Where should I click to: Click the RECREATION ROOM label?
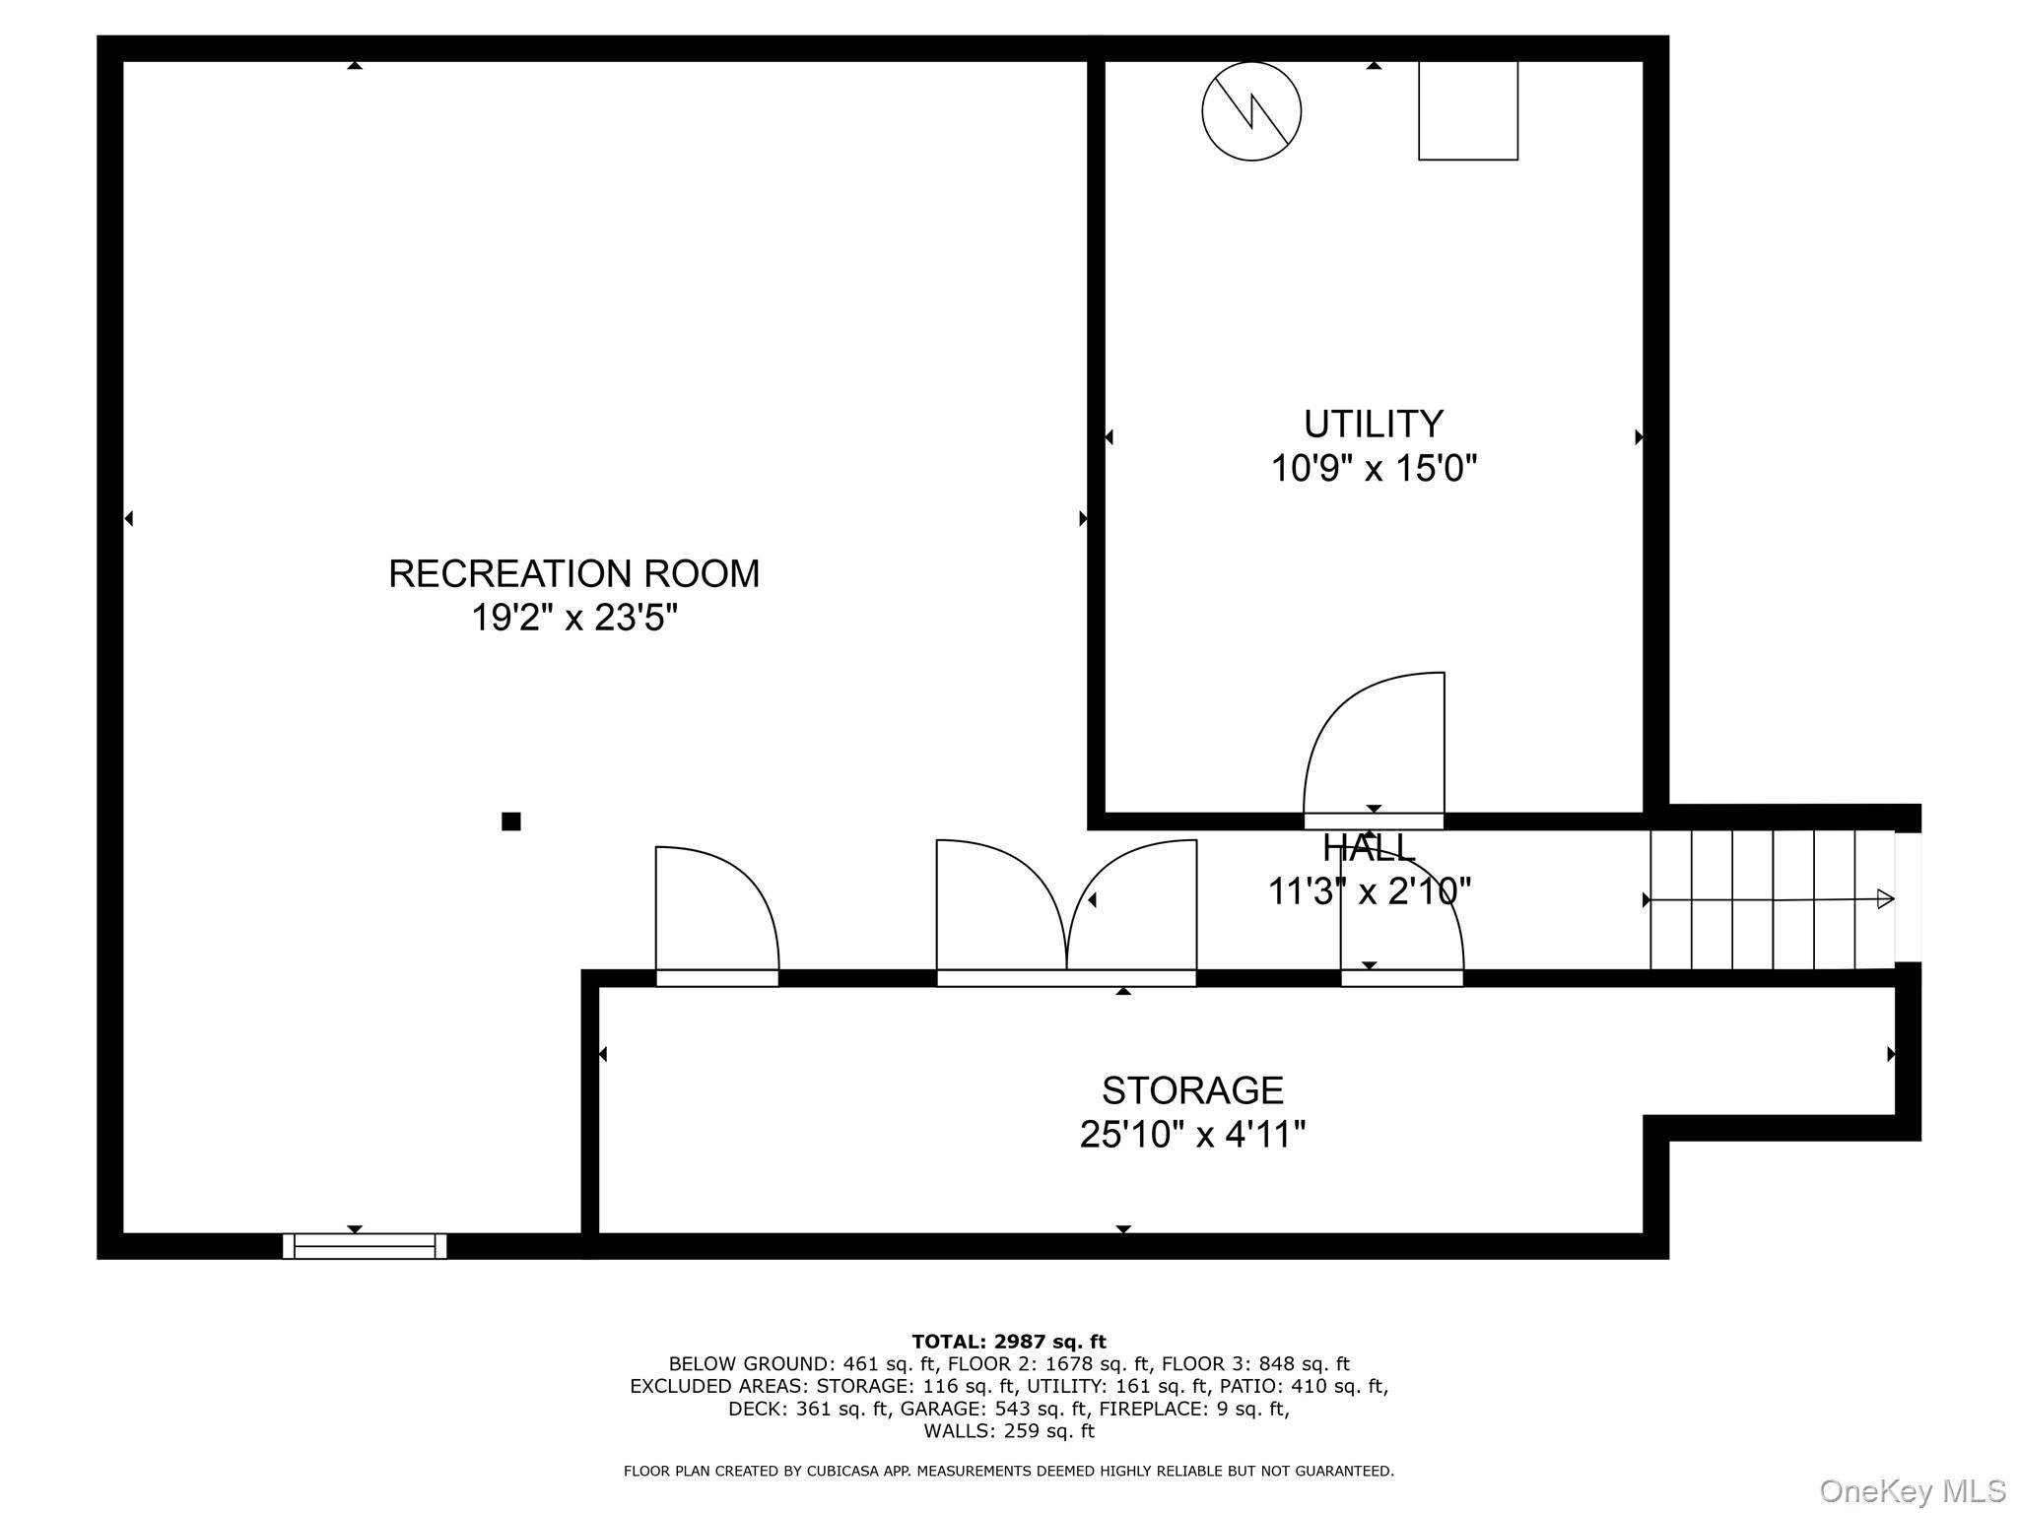pos(573,573)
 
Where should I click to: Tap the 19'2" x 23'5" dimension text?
pos(573,619)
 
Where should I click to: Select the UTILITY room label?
pos(1373,424)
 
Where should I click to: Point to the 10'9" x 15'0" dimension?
pos(1373,469)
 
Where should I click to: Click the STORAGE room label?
pos(1191,1090)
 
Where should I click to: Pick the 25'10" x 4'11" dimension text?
pos(1191,1135)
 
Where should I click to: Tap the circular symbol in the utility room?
pos(1250,111)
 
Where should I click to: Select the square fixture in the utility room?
pos(1467,109)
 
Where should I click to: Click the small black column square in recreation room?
pos(510,822)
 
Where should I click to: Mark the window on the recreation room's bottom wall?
pos(365,1246)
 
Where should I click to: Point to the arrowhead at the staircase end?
pos(1884,898)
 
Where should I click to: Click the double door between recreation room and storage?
pos(1066,911)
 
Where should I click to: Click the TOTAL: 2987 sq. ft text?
pos(1008,1342)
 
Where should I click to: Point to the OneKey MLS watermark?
pos(1912,1491)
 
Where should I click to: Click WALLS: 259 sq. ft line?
pos(1008,1431)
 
